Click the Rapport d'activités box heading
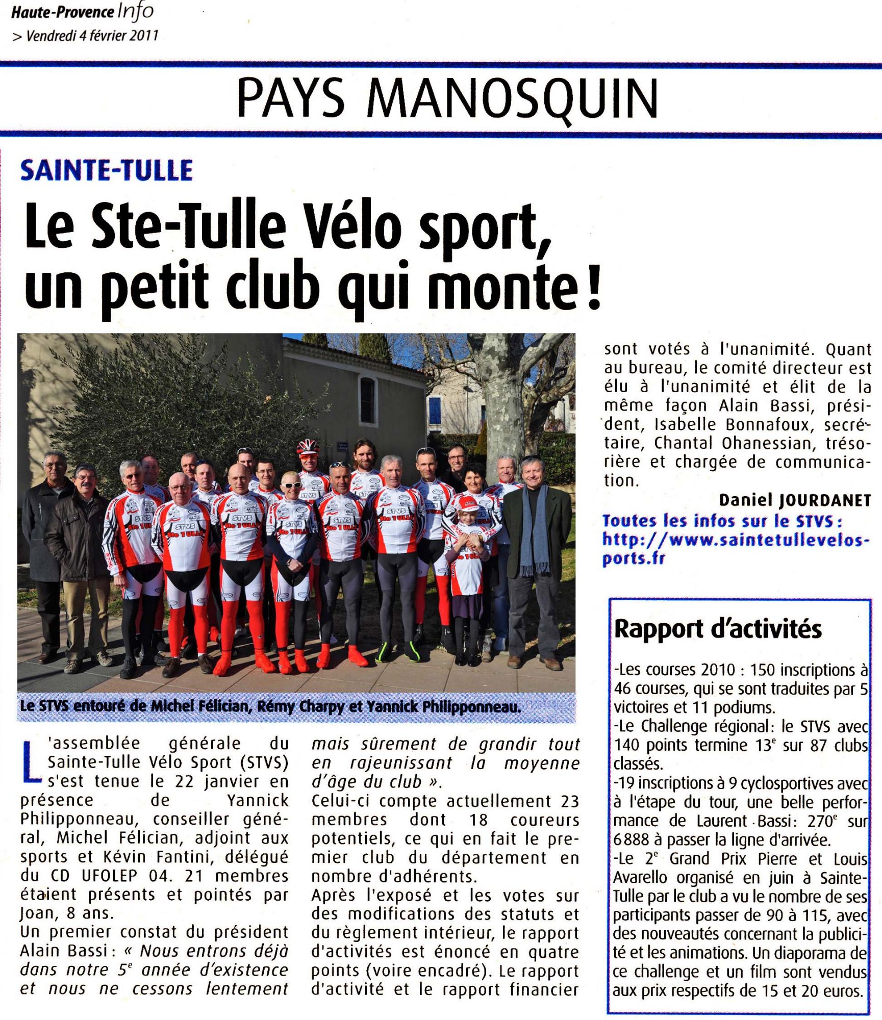[x=718, y=629]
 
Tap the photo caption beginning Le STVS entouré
[x=270, y=707]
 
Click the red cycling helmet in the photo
[x=308, y=447]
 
